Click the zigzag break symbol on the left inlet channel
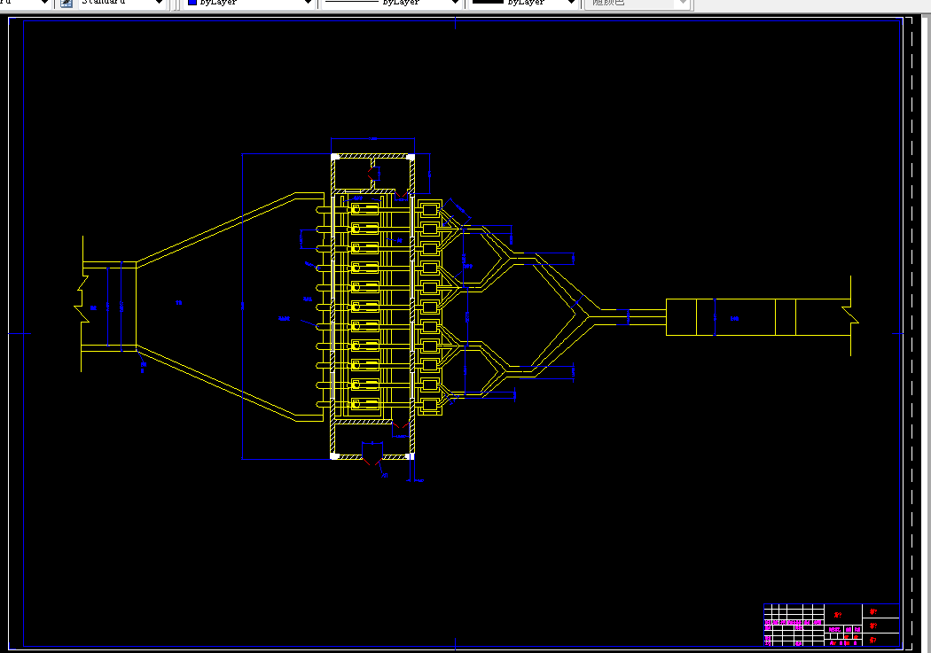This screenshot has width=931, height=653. click(x=80, y=298)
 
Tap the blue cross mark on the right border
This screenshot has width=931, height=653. click(x=896, y=334)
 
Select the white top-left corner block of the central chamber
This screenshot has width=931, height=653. click(x=335, y=158)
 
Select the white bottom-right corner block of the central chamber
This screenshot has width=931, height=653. click(x=411, y=455)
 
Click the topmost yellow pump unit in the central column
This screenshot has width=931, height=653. click(x=364, y=209)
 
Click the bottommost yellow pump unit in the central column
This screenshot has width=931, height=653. click(x=364, y=404)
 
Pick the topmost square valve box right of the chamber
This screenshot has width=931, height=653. click(x=431, y=210)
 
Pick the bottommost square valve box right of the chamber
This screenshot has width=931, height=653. click(x=431, y=405)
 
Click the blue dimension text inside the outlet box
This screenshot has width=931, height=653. click(x=734, y=318)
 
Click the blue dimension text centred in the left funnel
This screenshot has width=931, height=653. click(x=178, y=304)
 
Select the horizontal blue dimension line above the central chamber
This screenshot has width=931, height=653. click(x=372, y=139)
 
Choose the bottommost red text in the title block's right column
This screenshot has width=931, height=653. click(x=873, y=639)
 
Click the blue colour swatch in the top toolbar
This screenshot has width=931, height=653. click(x=192, y=4)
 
